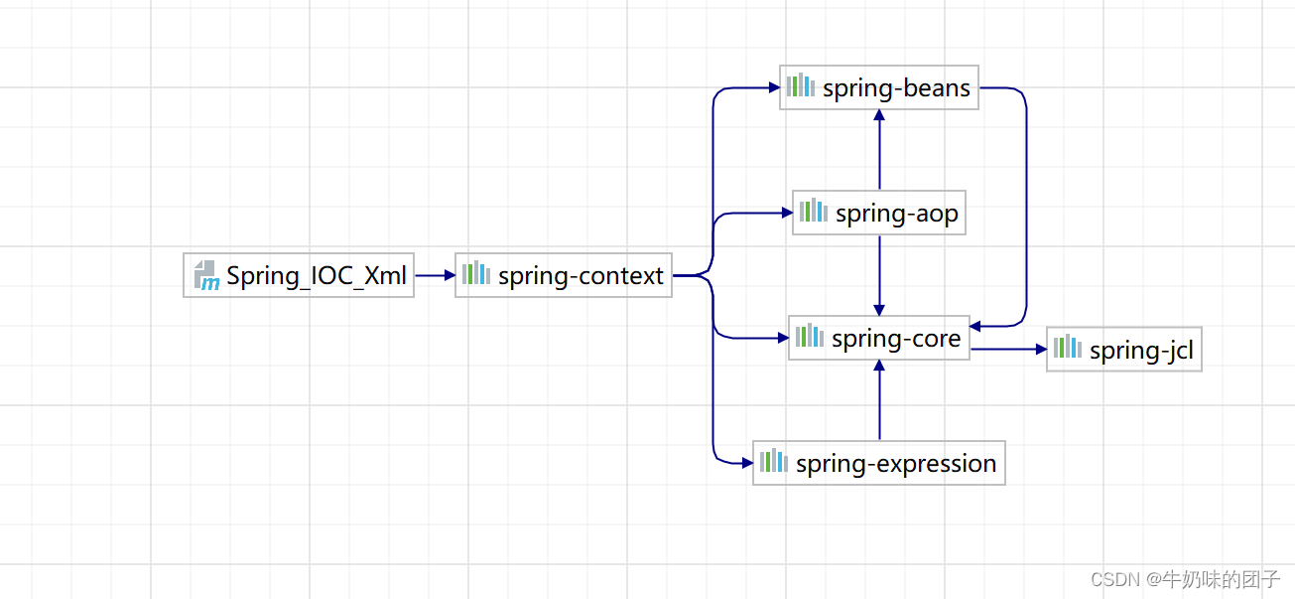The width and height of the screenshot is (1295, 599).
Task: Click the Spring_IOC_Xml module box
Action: (x=299, y=275)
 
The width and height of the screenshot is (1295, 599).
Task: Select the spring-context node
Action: (x=564, y=275)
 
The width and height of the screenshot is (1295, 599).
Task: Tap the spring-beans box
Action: (x=879, y=87)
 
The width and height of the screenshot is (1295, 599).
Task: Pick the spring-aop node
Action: (x=879, y=213)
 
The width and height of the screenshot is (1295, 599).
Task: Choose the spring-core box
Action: (x=879, y=338)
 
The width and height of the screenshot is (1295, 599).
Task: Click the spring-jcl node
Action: (x=1124, y=350)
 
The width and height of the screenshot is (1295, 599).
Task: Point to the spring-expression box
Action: (x=879, y=463)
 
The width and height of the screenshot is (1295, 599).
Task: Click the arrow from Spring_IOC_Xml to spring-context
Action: (x=434, y=275)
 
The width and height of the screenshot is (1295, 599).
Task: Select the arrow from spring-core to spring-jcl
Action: (x=1008, y=350)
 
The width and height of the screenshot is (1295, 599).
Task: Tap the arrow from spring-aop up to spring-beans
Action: (x=879, y=149)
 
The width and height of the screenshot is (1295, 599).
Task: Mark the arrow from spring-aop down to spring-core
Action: (x=879, y=275)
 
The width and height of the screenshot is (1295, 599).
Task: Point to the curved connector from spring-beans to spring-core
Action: (x=1026, y=209)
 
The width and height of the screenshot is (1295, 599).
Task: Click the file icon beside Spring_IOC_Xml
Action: (x=206, y=275)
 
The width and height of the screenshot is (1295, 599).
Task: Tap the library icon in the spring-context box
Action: (x=476, y=273)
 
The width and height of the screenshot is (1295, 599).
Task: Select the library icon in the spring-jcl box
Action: (x=1068, y=348)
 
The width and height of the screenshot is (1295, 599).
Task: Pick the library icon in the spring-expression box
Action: (x=774, y=462)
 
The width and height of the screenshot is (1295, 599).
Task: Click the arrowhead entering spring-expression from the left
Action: (x=746, y=463)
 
